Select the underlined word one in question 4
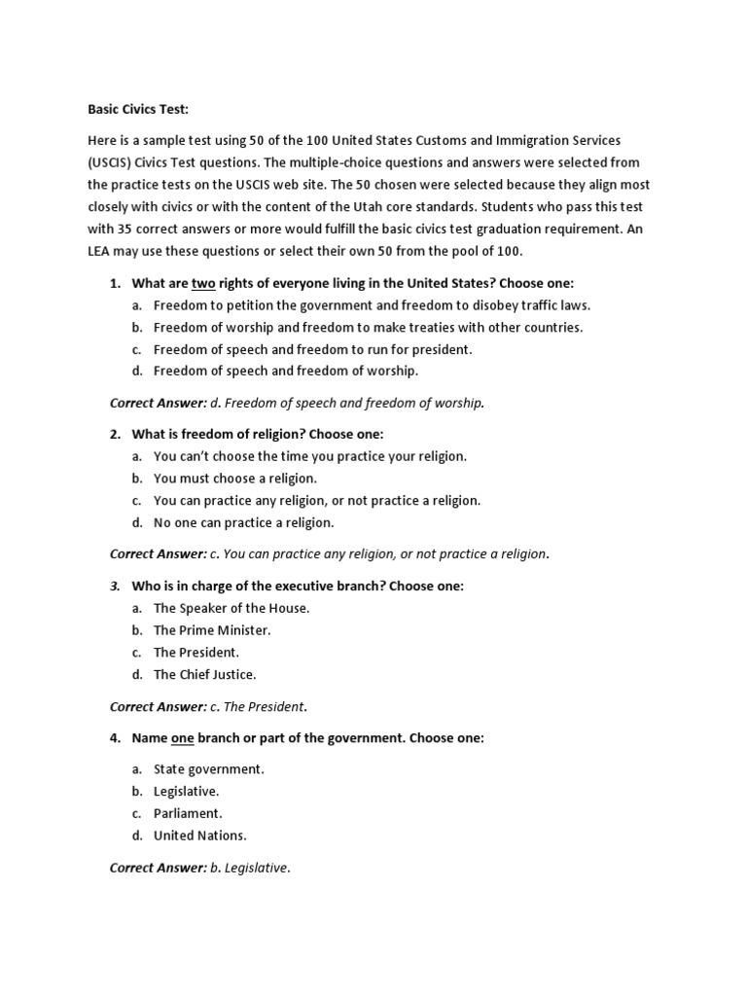point(183,738)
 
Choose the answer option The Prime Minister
point(212,630)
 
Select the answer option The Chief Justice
point(204,674)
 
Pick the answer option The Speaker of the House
point(231,608)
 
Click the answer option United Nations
point(200,835)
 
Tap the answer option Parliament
point(188,812)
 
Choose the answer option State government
point(209,768)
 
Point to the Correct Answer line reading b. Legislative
point(200,868)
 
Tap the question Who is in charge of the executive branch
point(298,587)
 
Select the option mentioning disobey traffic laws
point(373,305)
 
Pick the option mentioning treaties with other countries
point(368,327)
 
